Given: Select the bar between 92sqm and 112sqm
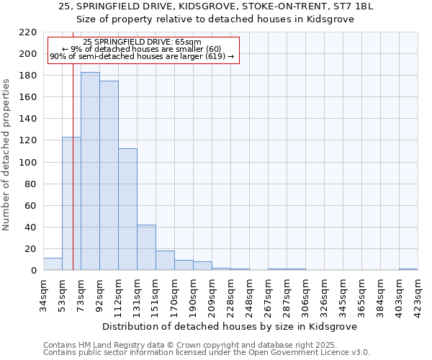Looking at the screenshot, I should point(109,176).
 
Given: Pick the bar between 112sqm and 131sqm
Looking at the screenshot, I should point(127,210).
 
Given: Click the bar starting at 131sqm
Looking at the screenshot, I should point(146,248).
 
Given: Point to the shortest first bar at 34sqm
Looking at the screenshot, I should point(53,264).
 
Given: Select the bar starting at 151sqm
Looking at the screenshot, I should point(165,261).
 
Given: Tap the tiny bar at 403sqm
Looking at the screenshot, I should point(408,269).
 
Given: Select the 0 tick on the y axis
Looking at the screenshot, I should point(33,271).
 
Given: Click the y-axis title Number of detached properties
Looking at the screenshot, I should point(7,151).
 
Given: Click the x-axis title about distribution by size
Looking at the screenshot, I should point(229,326).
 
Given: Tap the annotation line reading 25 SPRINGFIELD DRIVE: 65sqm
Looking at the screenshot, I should point(142,42).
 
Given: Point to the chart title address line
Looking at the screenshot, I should point(215,6).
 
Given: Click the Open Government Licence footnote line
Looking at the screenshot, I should point(207,352).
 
